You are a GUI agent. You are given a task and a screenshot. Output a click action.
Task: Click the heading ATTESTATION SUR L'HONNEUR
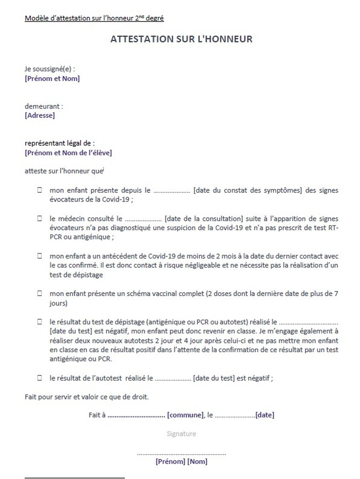pos(181,39)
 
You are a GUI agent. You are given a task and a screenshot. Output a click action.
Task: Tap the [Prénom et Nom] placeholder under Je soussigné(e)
pos(52,79)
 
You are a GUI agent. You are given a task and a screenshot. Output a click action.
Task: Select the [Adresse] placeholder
pos(40,115)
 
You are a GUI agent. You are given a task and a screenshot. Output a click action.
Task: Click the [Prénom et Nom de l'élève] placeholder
pos(68,152)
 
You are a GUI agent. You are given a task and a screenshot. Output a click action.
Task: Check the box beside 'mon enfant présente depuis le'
pos(40,191)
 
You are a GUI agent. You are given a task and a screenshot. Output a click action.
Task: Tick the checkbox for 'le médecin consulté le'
pos(40,218)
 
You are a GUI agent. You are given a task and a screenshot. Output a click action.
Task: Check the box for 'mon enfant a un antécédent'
pos(40,256)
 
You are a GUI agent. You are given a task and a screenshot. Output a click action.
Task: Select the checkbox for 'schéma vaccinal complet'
pos(40,294)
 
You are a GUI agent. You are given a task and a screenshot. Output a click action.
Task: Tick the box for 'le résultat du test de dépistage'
pos(40,322)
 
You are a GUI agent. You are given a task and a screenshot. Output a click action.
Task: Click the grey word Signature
pos(181,434)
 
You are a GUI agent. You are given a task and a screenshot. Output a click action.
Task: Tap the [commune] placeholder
pos(186,414)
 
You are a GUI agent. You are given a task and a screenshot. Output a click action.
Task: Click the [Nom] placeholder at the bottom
pos(197,462)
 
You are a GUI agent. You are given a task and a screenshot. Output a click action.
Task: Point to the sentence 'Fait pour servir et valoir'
pos(86,397)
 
